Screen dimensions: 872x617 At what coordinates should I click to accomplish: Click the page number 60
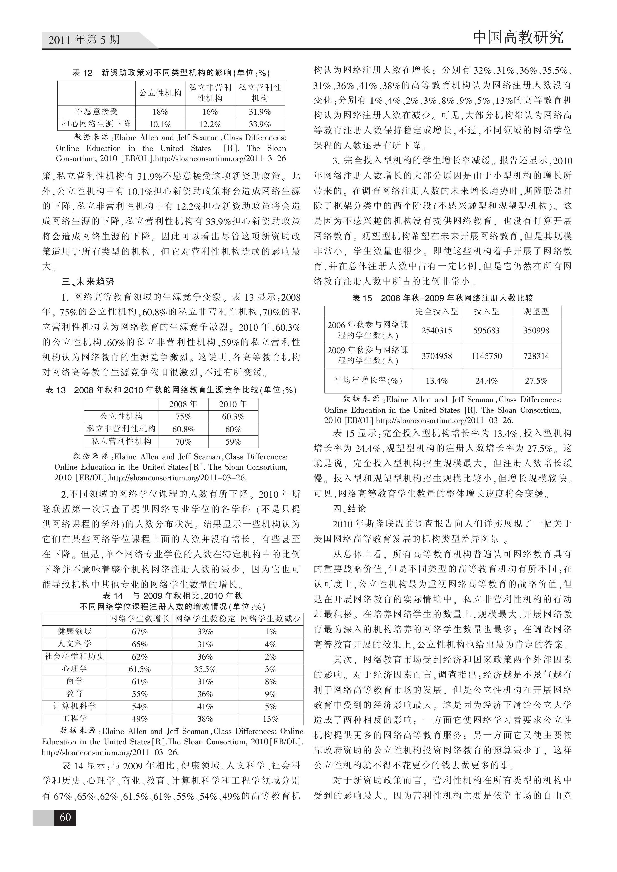pyautogui.click(x=65, y=817)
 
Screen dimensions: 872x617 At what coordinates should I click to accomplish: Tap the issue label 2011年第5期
pyautogui.click(x=84, y=39)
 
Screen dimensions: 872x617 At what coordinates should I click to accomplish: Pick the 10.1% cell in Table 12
pyautogui.click(x=160, y=124)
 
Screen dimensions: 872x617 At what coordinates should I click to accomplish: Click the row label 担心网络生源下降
pyautogui.click(x=97, y=124)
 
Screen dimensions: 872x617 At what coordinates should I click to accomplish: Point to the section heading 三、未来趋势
pyautogui.click(x=88, y=282)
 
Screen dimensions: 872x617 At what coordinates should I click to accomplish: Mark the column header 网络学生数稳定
pyautogui.click(x=205, y=619)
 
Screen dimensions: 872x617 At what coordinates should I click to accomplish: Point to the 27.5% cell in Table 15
pyautogui.click(x=536, y=381)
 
